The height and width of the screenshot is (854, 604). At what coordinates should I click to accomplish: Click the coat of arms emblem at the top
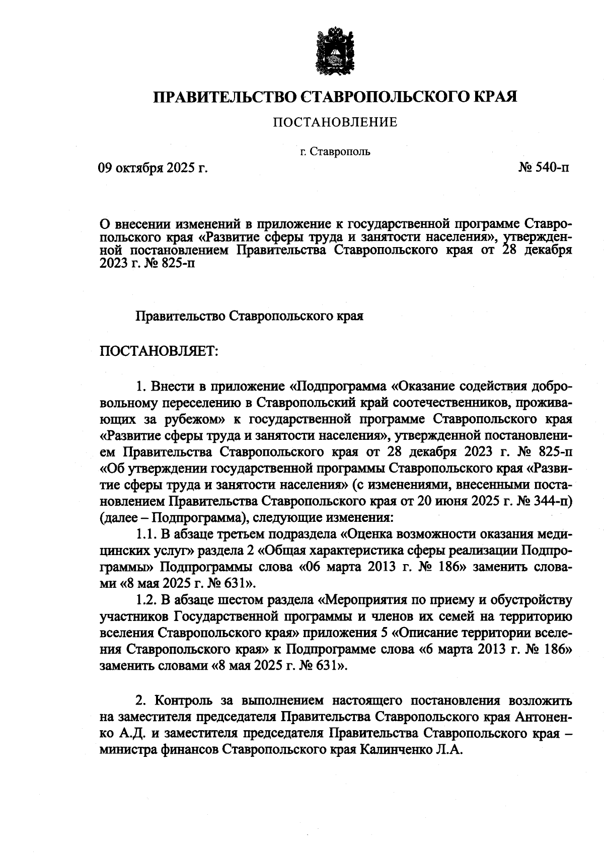335,53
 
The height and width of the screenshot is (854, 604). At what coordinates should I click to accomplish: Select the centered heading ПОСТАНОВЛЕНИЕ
335,122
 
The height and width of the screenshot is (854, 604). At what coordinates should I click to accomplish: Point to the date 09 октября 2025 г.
153,168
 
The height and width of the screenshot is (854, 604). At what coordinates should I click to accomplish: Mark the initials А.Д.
132,733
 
